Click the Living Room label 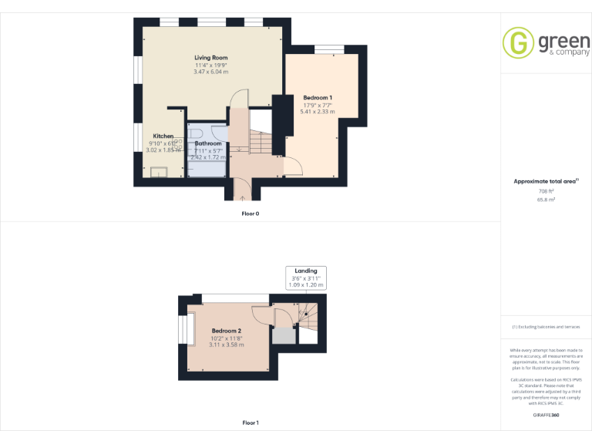click(210, 58)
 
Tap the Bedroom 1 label click(318, 98)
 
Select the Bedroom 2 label click(227, 331)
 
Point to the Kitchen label click(163, 136)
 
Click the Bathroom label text click(208, 143)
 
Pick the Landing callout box click(307, 277)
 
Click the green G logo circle click(518, 44)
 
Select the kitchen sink click(160, 172)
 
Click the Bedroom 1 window click(328, 50)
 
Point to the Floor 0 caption click(251, 214)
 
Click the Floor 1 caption click(251, 422)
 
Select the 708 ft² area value click(546, 190)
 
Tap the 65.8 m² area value click(546, 199)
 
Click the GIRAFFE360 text click(546, 415)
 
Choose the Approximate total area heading click(544, 181)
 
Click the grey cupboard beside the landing click(283, 335)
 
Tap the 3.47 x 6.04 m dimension click(210, 72)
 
